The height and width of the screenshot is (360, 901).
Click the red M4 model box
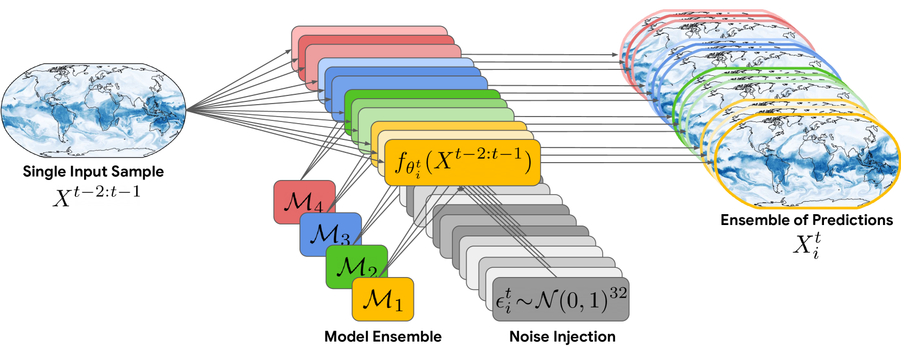click(x=304, y=202)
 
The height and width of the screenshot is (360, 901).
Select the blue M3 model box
click(x=330, y=234)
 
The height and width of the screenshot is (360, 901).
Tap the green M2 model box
click(x=356, y=266)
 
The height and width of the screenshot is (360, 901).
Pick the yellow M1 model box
click(x=382, y=299)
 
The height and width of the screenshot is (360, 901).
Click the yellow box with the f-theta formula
click(x=462, y=162)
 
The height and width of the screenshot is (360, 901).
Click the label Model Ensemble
click(x=382, y=337)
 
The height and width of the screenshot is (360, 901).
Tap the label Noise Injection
click(x=562, y=337)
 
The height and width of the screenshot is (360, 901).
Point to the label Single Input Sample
click(x=93, y=172)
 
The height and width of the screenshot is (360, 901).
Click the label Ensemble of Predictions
click(x=806, y=220)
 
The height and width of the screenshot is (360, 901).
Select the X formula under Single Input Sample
click(x=96, y=195)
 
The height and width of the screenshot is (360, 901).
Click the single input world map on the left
click(x=93, y=110)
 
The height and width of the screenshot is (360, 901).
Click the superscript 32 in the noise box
click(x=618, y=293)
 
